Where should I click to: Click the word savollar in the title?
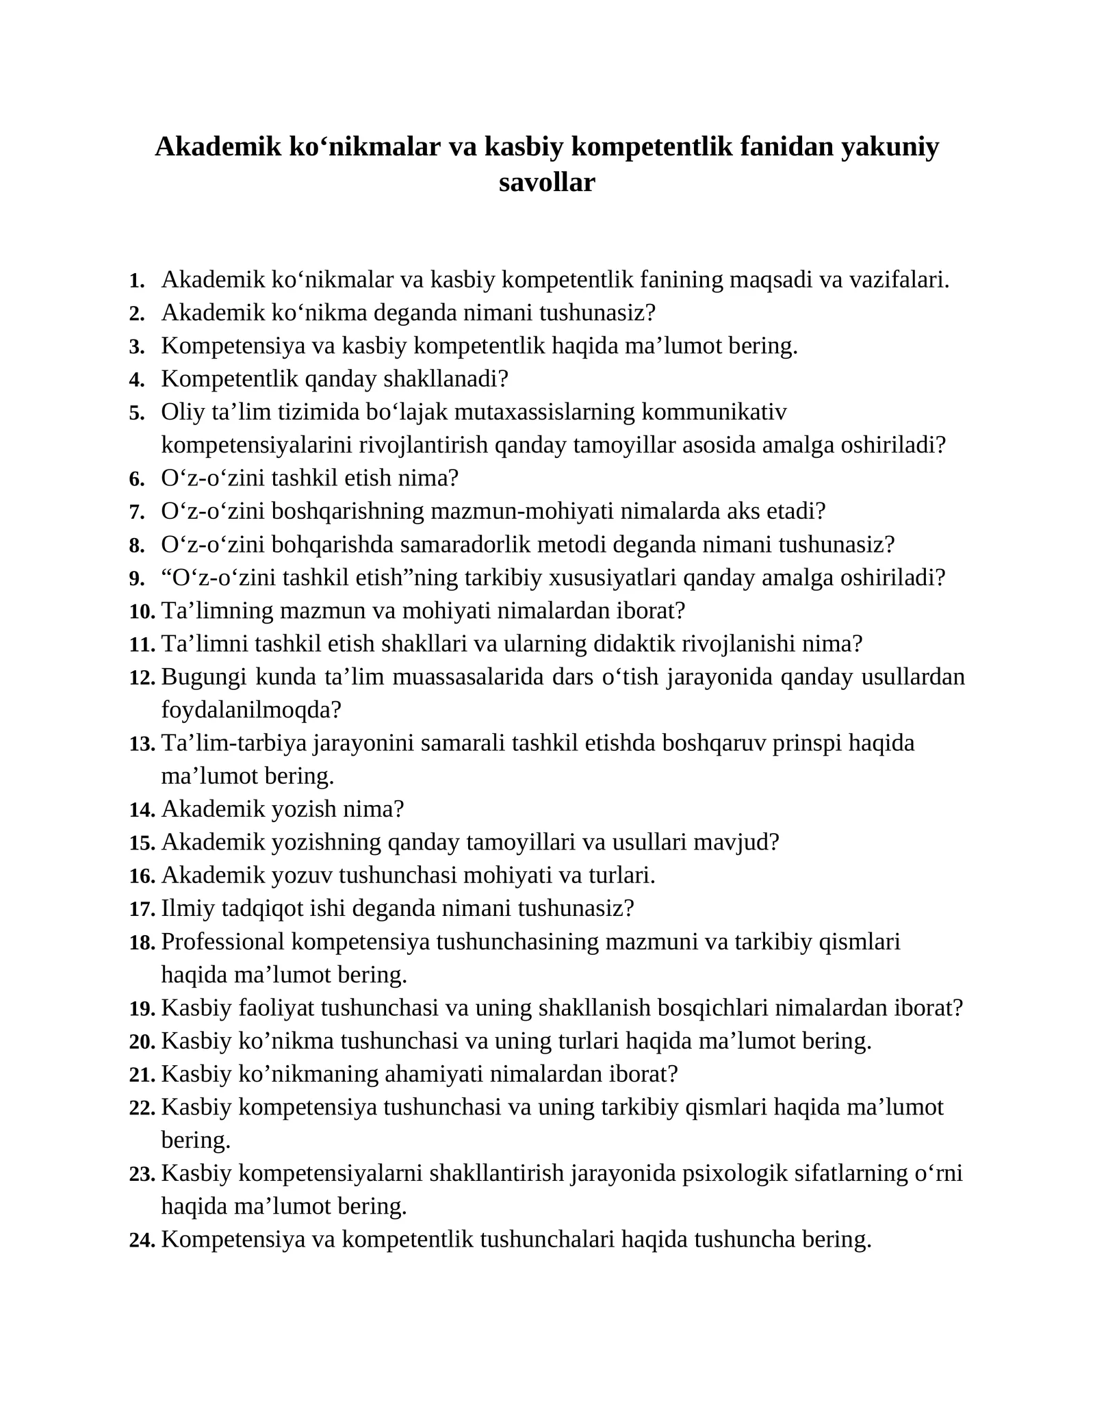pos(547,183)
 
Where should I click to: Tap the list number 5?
pos(137,413)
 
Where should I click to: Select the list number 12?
pos(142,678)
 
